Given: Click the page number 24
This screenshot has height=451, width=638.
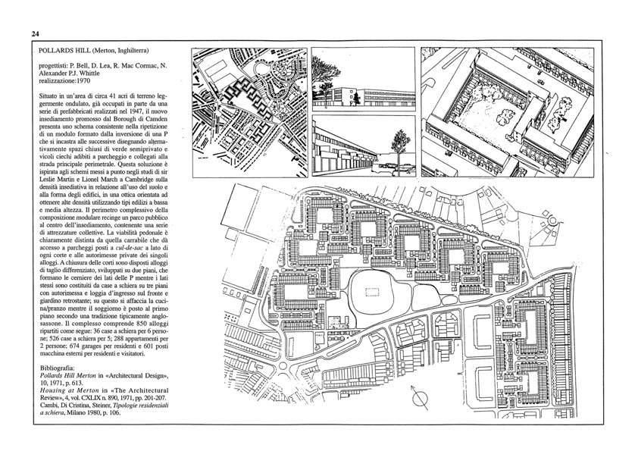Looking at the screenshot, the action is point(35,34).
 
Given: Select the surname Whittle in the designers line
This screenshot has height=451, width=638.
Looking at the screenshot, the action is point(89,74).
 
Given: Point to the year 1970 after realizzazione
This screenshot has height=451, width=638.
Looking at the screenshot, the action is point(83,80).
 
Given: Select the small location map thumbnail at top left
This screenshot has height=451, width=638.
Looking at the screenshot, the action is point(250,112).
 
